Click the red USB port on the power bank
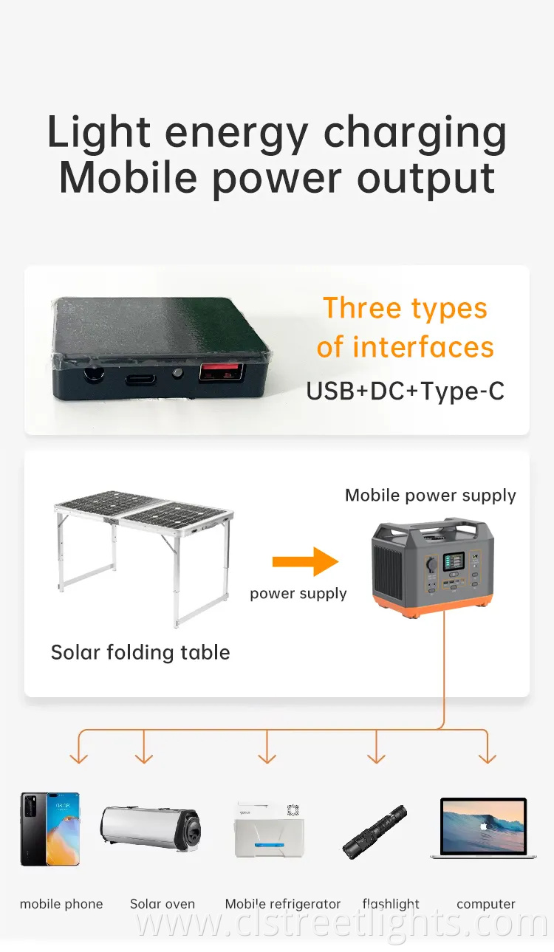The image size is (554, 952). click(213, 373)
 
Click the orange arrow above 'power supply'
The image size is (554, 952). click(304, 562)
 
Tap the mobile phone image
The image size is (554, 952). click(49, 829)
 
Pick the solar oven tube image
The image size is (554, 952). click(151, 829)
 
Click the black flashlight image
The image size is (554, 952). click(375, 832)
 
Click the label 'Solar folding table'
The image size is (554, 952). click(140, 653)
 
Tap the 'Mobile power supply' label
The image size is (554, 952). click(431, 496)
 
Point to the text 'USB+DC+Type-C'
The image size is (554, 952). click(406, 391)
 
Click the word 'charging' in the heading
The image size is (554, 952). click(414, 134)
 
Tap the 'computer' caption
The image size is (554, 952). click(485, 904)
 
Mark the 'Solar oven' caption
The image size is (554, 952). click(163, 904)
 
